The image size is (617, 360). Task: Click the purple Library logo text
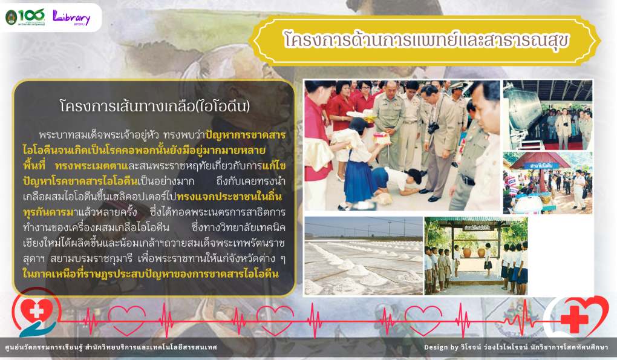(x=71, y=18)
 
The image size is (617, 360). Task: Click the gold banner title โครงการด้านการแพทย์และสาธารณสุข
(x=426, y=40)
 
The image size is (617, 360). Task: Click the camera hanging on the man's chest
(x=433, y=128)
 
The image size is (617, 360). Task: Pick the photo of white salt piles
(x=364, y=256)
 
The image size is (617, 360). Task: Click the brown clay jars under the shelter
(x=474, y=252)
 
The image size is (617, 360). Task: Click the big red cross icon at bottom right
(x=574, y=319)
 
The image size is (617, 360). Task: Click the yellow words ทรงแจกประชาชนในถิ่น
(x=229, y=197)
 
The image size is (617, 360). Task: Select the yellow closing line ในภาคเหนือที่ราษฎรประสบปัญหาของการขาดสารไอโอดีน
(x=150, y=274)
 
